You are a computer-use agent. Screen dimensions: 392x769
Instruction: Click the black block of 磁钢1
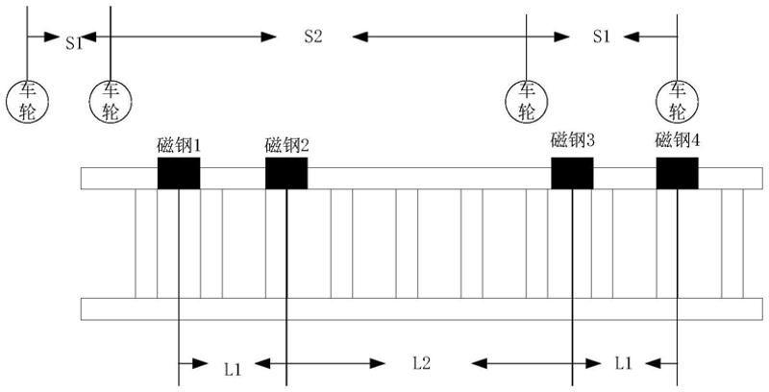click(x=179, y=174)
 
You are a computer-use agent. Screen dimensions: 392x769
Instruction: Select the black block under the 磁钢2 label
click(x=286, y=174)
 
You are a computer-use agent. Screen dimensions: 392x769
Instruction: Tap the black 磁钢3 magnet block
click(x=572, y=174)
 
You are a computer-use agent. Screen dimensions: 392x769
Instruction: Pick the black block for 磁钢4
click(x=678, y=174)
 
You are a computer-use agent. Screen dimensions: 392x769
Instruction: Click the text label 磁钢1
click(x=179, y=146)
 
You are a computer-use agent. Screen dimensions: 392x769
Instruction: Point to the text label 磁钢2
click(x=286, y=146)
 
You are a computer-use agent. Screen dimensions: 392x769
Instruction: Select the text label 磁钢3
click(x=572, y=140)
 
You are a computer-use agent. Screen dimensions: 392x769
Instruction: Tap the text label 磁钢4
click(x=678, y=140)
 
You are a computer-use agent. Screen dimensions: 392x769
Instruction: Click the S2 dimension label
click(x=312, y=37)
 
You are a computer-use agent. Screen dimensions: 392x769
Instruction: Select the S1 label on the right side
click(x=602, y=37)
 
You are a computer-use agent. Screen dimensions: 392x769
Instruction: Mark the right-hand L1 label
click(x=623, y=363)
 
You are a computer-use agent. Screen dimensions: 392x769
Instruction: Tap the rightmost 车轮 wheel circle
click(x=678, y=100)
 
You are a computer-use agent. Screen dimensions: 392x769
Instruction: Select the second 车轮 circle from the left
click(x=111, y=100)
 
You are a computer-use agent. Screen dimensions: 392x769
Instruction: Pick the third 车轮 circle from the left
click(x=527, y=100)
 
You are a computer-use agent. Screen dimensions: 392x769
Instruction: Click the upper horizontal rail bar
click(x=423, y=179)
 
